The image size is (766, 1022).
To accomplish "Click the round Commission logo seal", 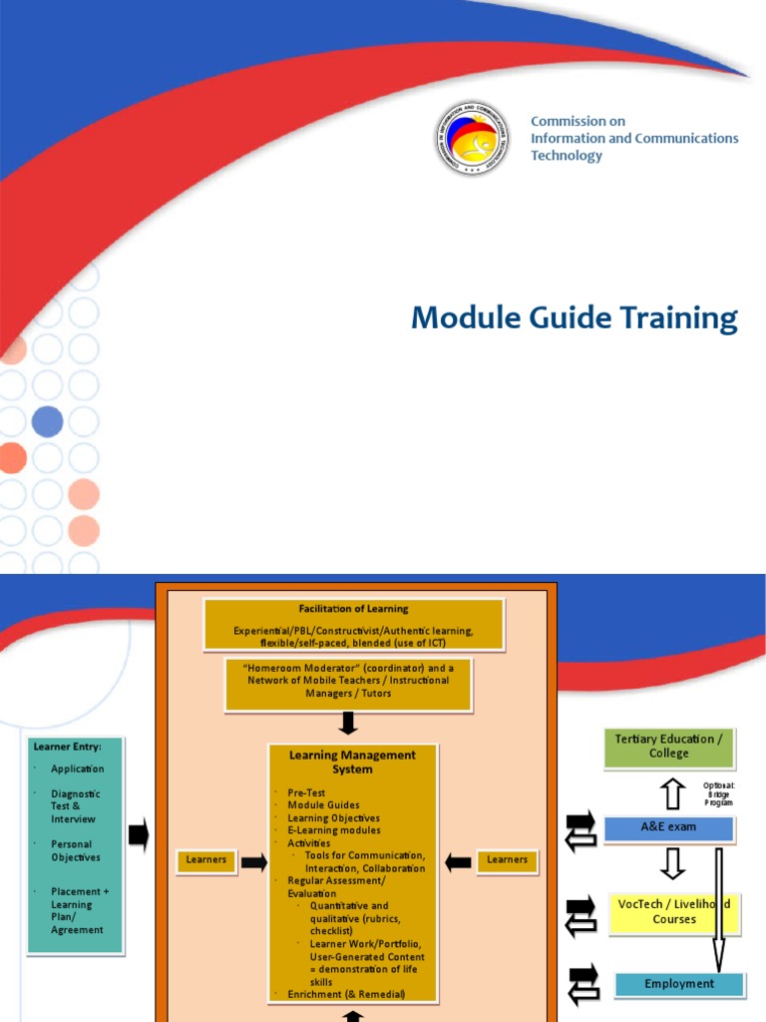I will coord(473,139).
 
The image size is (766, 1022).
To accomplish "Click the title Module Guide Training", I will coord(574,318).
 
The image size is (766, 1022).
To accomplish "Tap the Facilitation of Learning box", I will coord(354,623).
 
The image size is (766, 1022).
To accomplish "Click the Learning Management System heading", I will coord(352,763).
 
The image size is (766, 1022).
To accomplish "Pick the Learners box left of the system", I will coord(206,860).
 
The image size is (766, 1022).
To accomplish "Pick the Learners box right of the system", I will coord(508,860).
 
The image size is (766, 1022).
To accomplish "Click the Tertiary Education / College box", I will coord(669,748).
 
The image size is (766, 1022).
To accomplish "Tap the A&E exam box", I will coord(669,827).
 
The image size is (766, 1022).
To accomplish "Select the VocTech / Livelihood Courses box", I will coord(674,912).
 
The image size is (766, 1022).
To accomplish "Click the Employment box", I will coord(679,984).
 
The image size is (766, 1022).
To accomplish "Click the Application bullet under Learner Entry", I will coord(78,769).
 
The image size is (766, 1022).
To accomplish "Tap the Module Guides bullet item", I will coord(323,805).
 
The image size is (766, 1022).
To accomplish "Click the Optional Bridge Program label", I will coord(719,793).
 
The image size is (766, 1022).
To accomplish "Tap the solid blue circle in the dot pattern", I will coord(47,422).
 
